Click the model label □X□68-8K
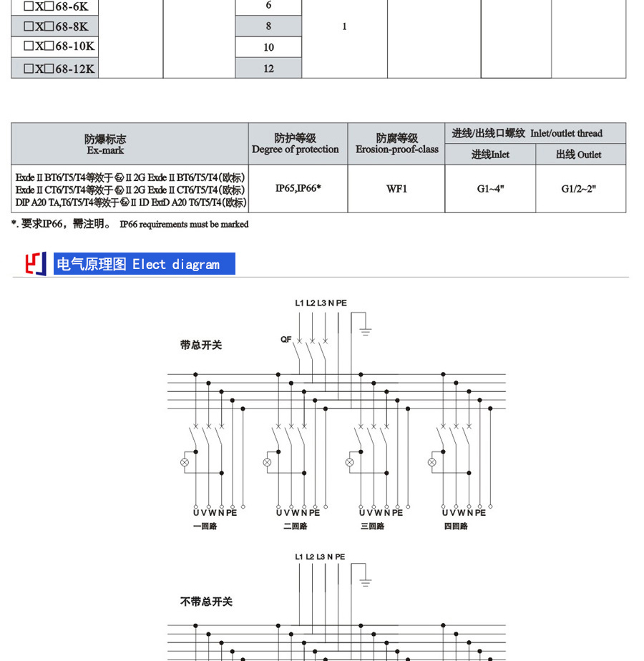(56, 26)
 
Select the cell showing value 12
(268, 69)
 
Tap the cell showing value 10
(268, 47)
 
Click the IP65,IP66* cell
(298, 189)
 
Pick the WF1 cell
(396, 189)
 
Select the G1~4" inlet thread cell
(490, 189)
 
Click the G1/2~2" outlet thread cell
(580, 189)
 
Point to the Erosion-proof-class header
(396, 144)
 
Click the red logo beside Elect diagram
(36, 264)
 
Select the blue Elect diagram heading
(144, 264)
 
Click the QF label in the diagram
(286, 339)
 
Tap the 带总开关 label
(201, 345)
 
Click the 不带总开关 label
(206, 602)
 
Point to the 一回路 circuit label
(205, 526)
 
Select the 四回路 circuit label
(455, 526)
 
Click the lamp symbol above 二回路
(267, 462)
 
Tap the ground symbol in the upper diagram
(366, 330)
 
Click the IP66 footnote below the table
(130, 224)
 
